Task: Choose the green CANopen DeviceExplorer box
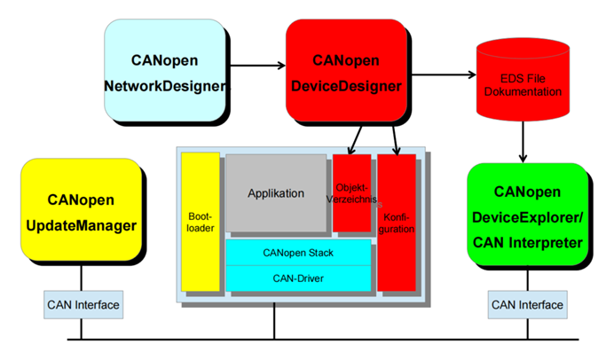click(x=527, y=216)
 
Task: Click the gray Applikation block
click(x=276, y=193)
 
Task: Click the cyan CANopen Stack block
click(x=297, y=252)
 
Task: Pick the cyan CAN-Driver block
click(x=297, y=278)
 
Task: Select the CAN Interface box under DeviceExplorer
click(x=527, y=306)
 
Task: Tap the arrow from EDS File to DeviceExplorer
click(x=524, y=139)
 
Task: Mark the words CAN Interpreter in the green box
click(x=527, y=242)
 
